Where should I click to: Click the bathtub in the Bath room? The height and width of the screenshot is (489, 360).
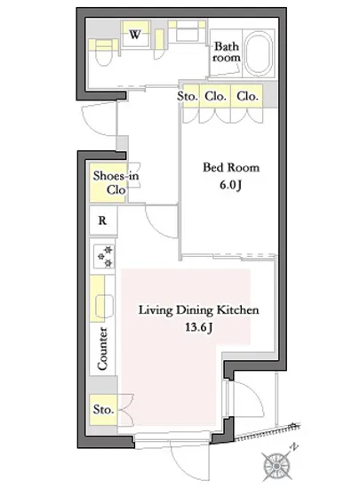[x=258, y=53]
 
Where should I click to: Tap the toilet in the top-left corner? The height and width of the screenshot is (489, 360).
[x=103, y=53]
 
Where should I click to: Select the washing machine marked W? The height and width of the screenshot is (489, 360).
[x=135, y=34]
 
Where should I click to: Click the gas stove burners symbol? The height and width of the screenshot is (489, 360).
[x=105, y=256]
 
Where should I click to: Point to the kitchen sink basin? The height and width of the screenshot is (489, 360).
[x=104, y=306]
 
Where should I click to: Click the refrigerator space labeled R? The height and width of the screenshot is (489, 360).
[x=102, y=220]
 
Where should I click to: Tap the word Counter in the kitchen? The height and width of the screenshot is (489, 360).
[x=102, y=349]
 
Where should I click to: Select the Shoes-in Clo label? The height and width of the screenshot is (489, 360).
[x=116, y=182]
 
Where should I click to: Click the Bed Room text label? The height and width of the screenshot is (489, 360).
[x=231, y=167]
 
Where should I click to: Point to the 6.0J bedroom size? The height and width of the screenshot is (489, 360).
[x=230, y=185]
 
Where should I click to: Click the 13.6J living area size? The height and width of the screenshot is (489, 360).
[x=199, y=327]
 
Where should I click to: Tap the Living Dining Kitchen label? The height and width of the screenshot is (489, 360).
[x=198, y=310]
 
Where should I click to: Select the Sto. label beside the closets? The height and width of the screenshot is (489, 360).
[x=188, y=96]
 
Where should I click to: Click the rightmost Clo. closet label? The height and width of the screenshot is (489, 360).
[x=247, y=96]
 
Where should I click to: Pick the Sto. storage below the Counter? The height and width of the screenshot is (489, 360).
[x=103, y=410]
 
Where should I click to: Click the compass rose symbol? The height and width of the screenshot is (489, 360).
[x=276, y=466]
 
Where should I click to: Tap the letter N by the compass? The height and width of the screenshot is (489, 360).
[x=294, y=448]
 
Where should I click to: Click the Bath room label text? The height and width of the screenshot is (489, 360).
[x=227, y=52]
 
